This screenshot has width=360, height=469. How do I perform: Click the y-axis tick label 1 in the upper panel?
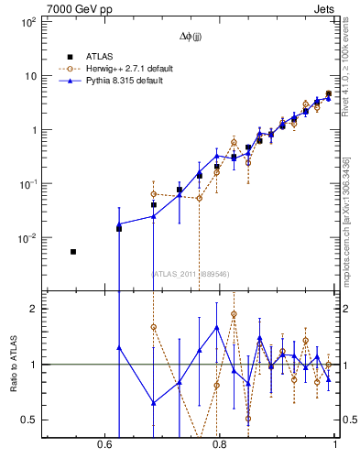point(32,130)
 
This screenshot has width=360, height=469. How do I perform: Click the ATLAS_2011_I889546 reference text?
point(190,273)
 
